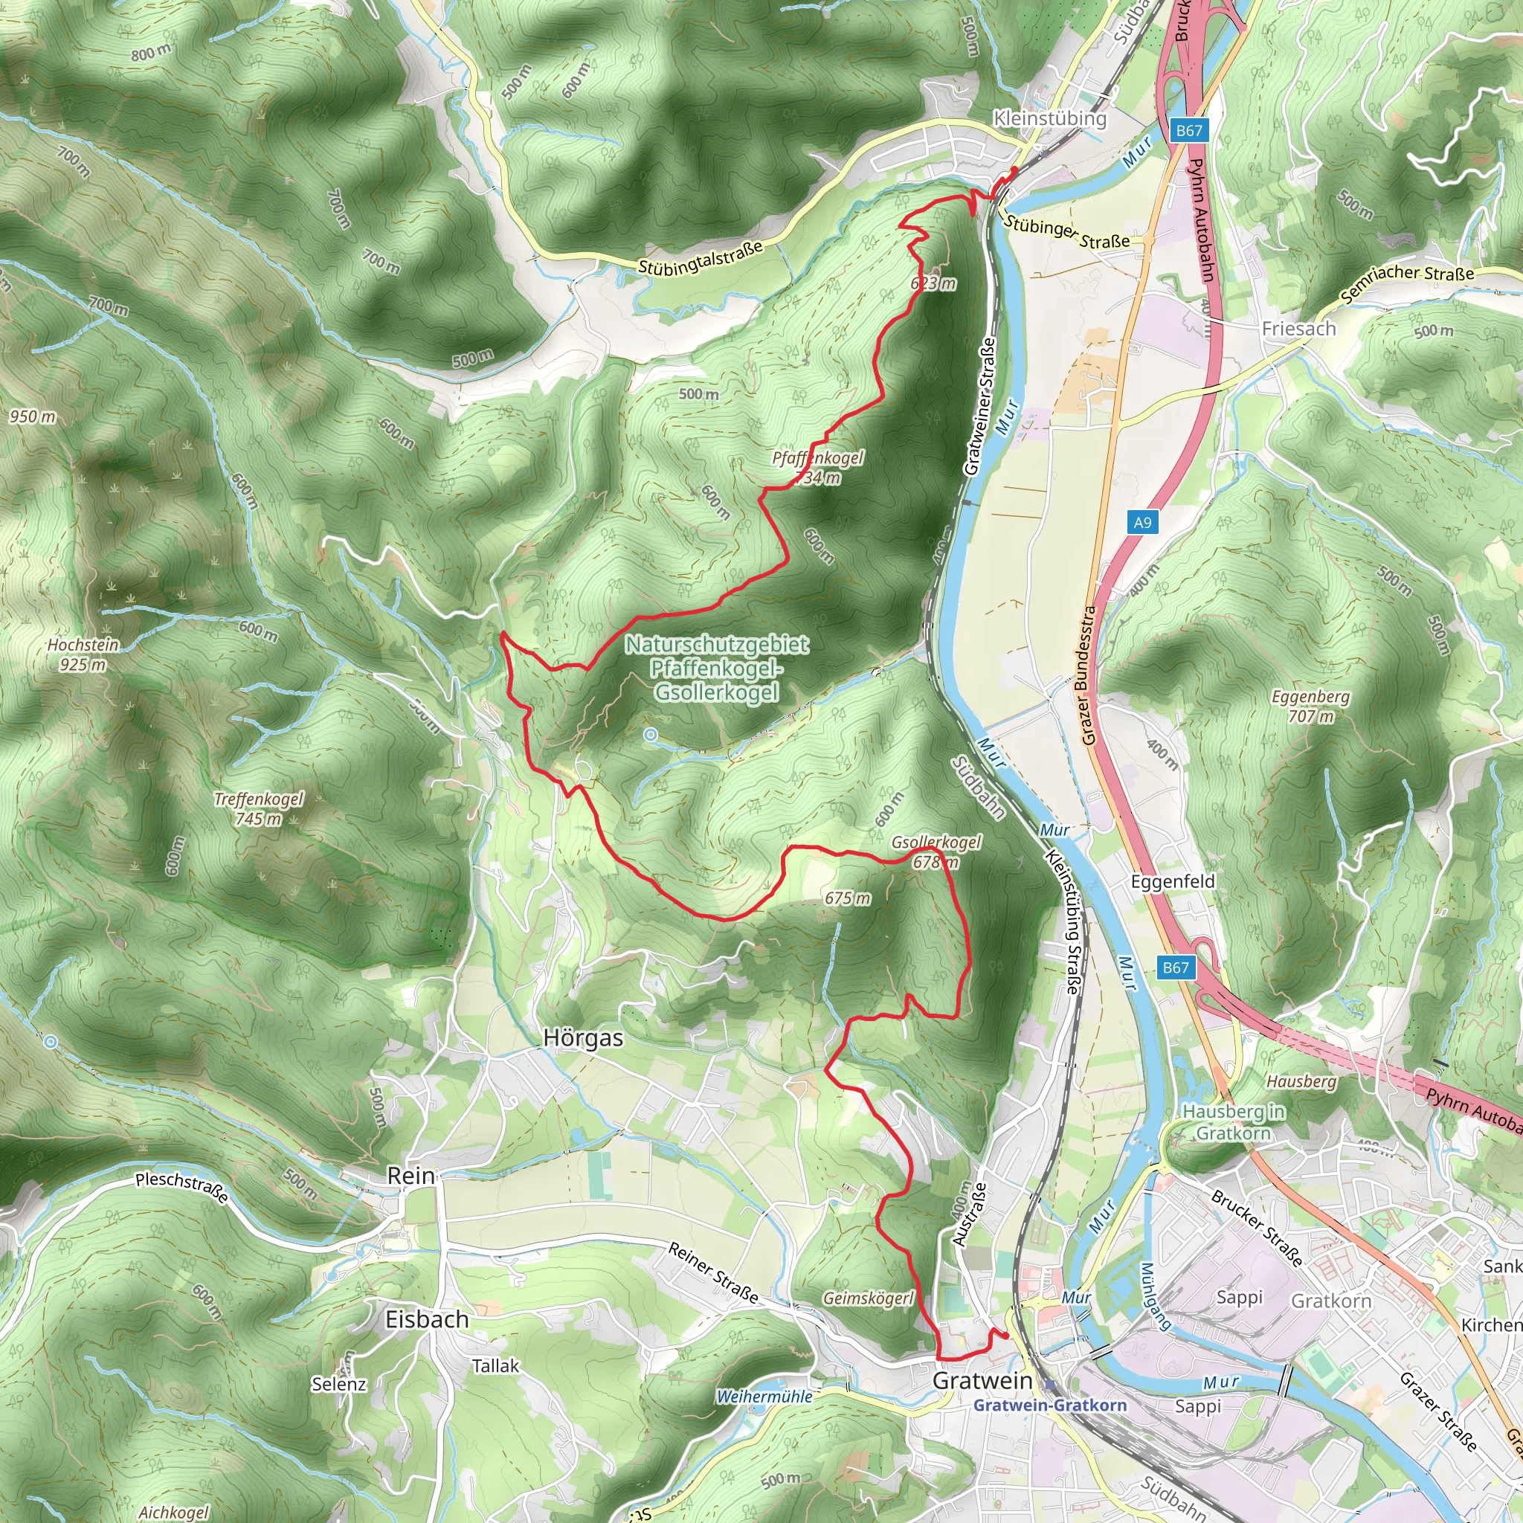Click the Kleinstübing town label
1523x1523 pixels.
[x=1049, y=119]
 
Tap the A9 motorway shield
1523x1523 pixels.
[x=1142, y=522]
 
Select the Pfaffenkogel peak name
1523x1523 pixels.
[x=817, y=458]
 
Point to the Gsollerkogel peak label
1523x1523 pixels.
[x=936, y=843]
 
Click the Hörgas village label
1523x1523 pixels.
[x=583, y=1039]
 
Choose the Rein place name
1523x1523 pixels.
[x=410, y=1176]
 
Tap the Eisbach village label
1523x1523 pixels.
[x=426, y=1320]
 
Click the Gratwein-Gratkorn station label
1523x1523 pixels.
[x=1050, y=1405]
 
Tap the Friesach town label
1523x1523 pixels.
[x=1298, y=329]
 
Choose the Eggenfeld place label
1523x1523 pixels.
[x=1172, y=881]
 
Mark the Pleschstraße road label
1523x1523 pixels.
[x=182, y=1187]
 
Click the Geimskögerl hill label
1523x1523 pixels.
[x=868, y=1298]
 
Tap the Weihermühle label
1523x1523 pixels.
[x=764, y=1397]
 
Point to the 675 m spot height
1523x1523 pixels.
[x=848, y=898]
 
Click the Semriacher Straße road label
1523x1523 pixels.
[x=1406, y=283]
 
